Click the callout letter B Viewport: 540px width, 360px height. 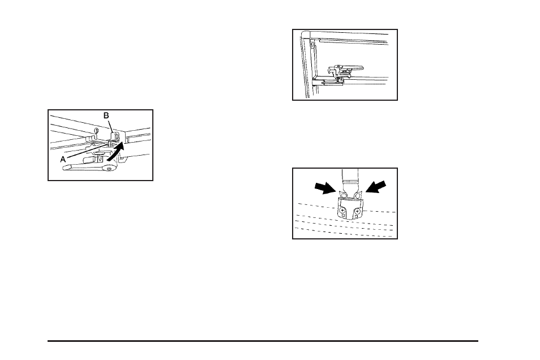(x=106, y=115)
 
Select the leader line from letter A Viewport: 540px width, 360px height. (x=85, y=151)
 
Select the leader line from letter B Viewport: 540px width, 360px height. (x=111, y=126)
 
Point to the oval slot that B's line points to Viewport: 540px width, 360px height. (x=117, y=136)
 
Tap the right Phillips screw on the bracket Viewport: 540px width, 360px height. (x=358, y=211)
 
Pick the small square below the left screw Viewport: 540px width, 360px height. (x=343, y=217)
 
